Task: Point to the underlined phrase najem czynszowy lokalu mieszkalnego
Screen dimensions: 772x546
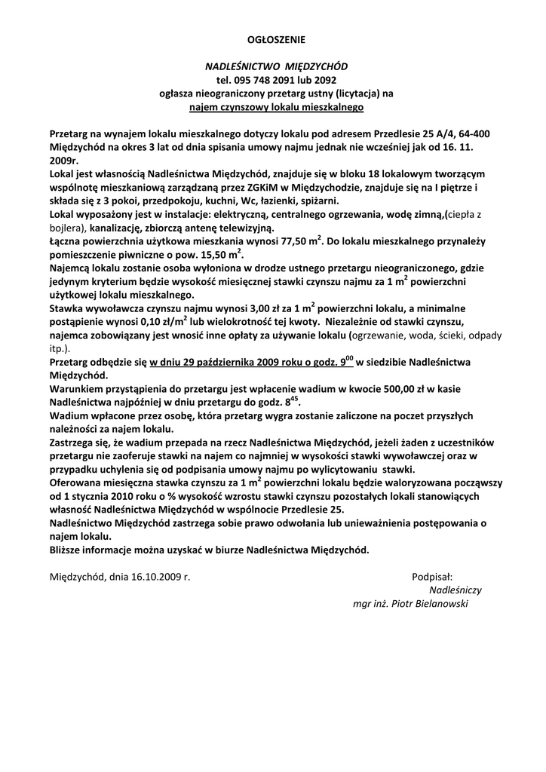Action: pyautogui.click(x=276, y=108)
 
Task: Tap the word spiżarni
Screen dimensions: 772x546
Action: pyautogui.click(x=318, y=201)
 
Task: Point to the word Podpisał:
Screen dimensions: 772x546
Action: pyautogui.click(x=431, y=577)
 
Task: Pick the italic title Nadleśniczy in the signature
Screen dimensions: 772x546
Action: pyautogui.click(x=455, y=590)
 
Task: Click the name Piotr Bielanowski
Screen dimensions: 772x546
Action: pyautogui.click(x=436, y=604)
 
